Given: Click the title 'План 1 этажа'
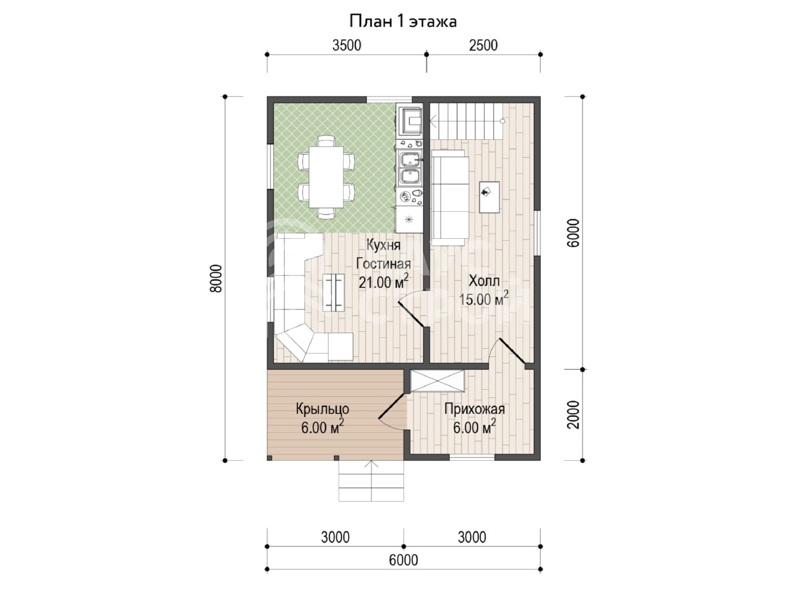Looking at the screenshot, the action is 403,21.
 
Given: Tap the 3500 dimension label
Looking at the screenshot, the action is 347,45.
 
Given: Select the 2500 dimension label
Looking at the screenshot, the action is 483,45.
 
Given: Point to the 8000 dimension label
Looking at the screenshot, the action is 216,279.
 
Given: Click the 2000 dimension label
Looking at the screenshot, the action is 573,415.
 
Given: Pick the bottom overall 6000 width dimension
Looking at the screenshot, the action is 403,560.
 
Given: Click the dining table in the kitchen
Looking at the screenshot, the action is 326,177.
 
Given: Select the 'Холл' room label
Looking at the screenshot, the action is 484,281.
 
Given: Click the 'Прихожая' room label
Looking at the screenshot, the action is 474,409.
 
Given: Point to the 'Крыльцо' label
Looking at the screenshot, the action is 322,409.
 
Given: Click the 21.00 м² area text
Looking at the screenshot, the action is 383,282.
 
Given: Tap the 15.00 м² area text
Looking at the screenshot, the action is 484,299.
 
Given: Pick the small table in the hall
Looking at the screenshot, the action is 489,197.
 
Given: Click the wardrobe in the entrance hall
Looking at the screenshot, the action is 437,381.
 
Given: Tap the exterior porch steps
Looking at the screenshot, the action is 371,481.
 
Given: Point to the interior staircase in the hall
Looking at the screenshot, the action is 466,121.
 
